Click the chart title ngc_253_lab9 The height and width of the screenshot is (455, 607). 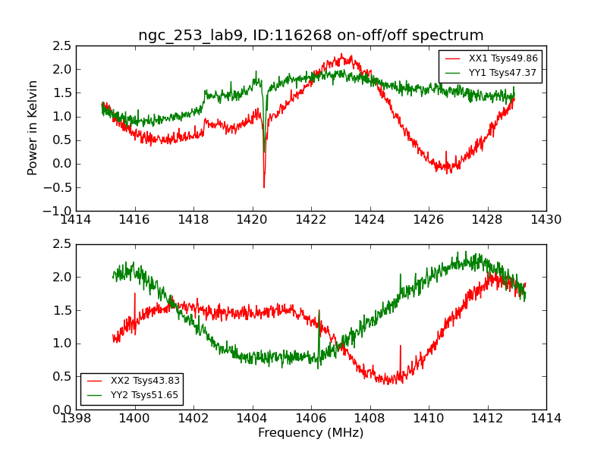[x=310, y=36]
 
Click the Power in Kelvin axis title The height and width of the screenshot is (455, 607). [x=33, y=127]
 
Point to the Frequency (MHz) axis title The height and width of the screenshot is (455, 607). [x=310, y=433]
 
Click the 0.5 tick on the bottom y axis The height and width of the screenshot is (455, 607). [x=62, y=376]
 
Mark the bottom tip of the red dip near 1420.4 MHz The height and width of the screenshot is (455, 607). [x=264, y=187]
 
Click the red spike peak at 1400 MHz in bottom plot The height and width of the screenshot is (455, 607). [x=135, y=293]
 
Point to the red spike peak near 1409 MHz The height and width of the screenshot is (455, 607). [x=400, y=346]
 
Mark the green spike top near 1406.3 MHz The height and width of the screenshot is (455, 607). [x=319, y=310]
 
